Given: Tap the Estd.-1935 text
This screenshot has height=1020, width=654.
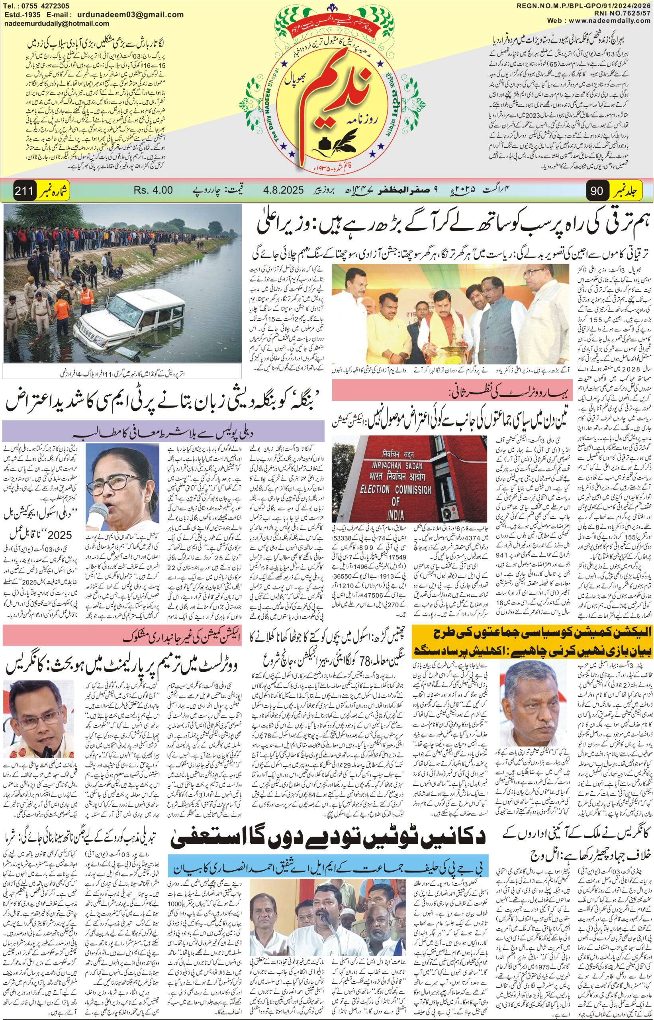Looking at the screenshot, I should coord(21,14).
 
